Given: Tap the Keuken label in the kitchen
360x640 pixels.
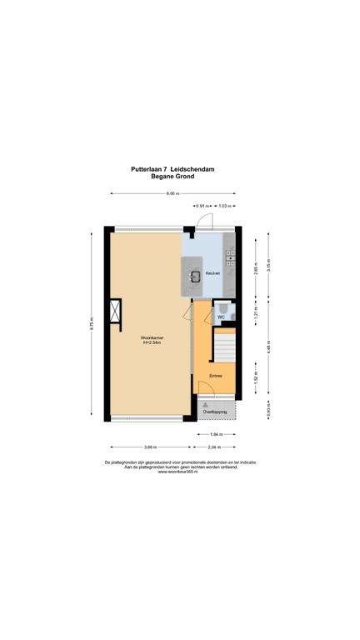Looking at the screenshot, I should pyautogui.click(x=214, y=273).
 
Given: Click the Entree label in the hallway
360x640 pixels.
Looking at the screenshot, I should pyautogui.click(x=215, y=376).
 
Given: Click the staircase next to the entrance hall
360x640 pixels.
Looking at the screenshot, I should pyautogui.click(x=223, y=345).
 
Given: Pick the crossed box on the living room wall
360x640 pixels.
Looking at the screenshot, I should pyautogui.click(x=115, y=315).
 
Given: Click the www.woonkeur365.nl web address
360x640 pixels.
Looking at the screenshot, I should pyautogui.click(x=179, y=472).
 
